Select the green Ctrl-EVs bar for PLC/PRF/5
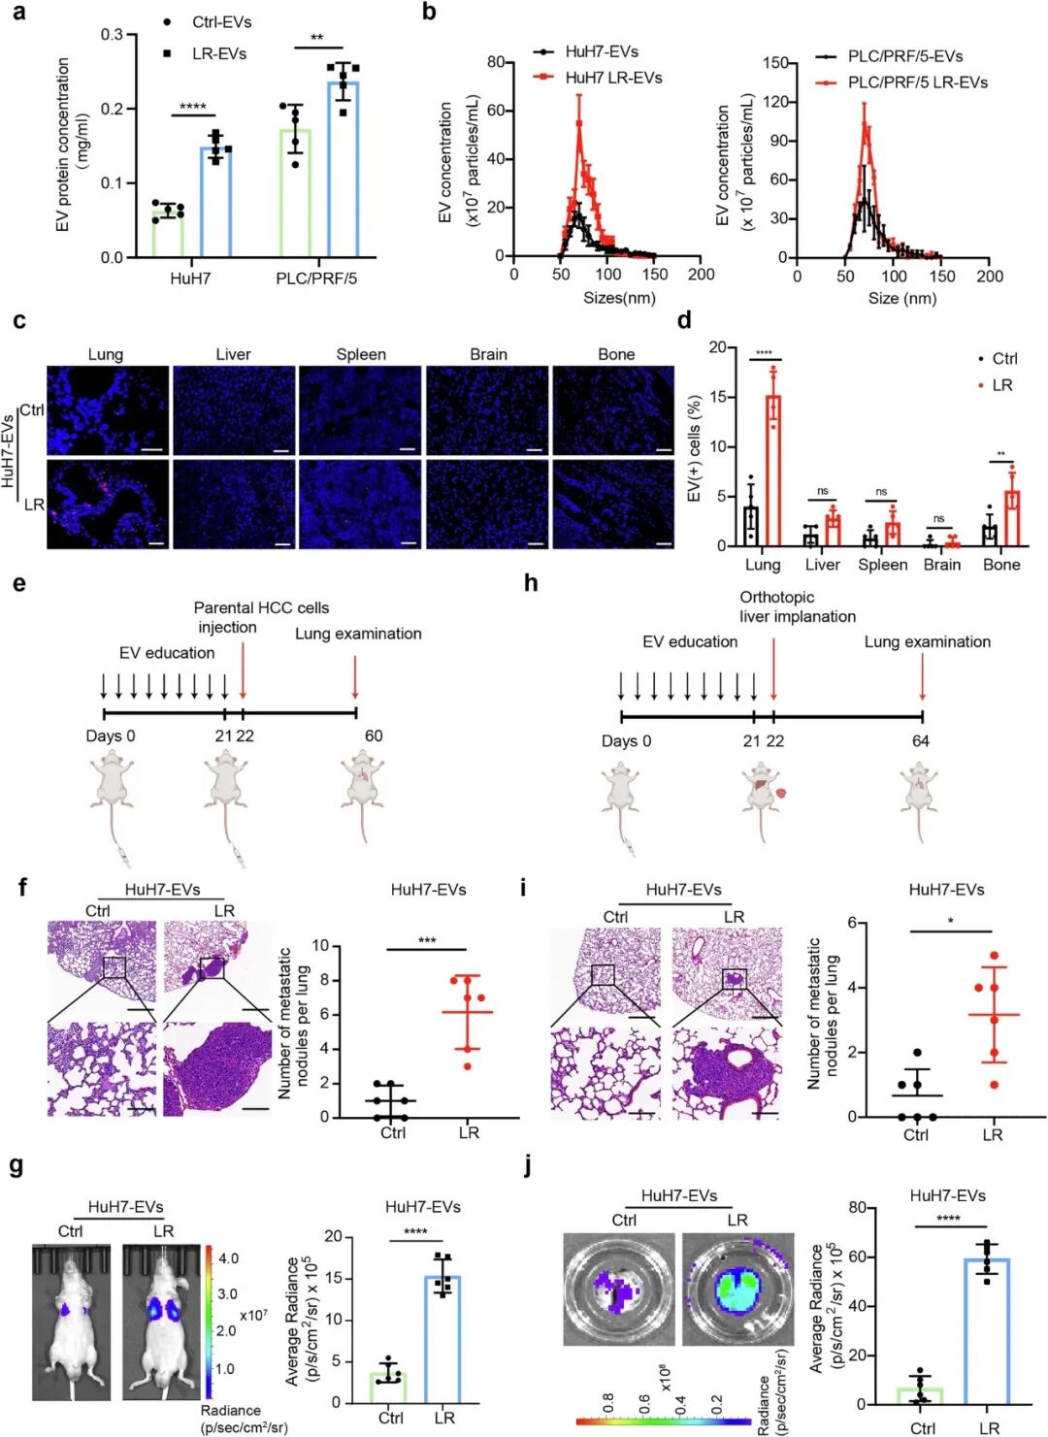(x=296, y=193)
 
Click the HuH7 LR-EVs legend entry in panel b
(x=613, y=78)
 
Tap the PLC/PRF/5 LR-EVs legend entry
(x=917, y=82)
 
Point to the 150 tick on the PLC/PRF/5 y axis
(x=775, y=63)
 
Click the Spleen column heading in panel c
(x=361, y=354)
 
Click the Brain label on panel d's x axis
(x=941, y=565)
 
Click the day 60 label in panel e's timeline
(x=374, y=735)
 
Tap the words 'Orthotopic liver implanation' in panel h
(x=798, y=606)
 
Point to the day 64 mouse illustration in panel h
(x=918, y=800)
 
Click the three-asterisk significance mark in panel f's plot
(x=427, y=940)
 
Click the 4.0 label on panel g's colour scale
(x=228, y=1258)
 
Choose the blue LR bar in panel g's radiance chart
(x=442, y=1339)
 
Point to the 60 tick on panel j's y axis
(x=856, y=1257)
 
